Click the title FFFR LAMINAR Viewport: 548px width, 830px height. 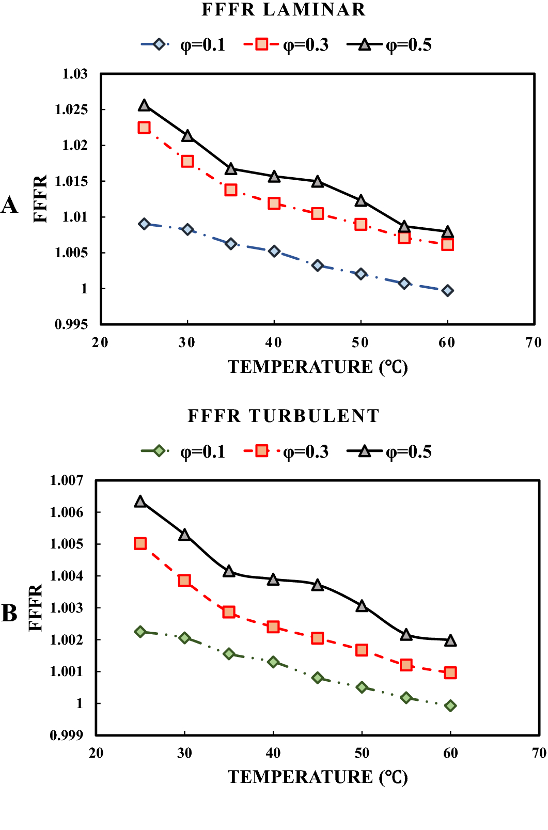pos(283,10)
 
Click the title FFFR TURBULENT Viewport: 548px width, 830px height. pos(283,416)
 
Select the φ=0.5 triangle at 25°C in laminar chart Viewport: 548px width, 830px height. pos(144,106)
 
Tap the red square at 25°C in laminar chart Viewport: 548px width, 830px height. pos(144,128)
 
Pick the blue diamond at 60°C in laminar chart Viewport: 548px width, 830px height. pos(448,291)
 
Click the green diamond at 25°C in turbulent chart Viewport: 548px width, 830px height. pos(140,632)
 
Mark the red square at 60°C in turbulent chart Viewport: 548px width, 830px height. pos(450,672)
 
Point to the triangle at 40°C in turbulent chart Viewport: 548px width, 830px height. pos(273,580)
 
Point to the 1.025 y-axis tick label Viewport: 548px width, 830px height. pos(71,109)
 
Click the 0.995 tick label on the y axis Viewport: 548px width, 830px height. pos(71,324)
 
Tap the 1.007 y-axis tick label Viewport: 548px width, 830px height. pos(66,481)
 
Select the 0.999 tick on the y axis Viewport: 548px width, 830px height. pos(66,735)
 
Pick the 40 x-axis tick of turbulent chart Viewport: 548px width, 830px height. pos(273,753)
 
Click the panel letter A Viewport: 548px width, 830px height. pos(9,206)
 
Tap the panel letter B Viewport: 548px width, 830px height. pos(9,614)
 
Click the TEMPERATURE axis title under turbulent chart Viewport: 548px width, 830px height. pos(318,777)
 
